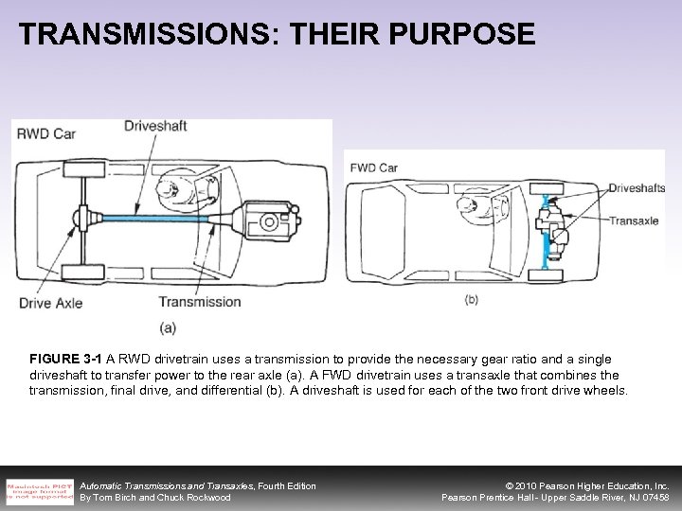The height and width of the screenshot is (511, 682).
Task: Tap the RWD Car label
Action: [46, 133]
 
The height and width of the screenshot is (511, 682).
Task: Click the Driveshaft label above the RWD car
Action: [157, 124]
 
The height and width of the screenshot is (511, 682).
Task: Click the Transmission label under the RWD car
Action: [199, 302]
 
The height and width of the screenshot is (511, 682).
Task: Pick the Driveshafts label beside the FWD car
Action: [636, 188]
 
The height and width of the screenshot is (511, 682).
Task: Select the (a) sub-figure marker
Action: [167, 328]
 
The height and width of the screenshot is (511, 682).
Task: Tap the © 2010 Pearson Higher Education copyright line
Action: [588, 485]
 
